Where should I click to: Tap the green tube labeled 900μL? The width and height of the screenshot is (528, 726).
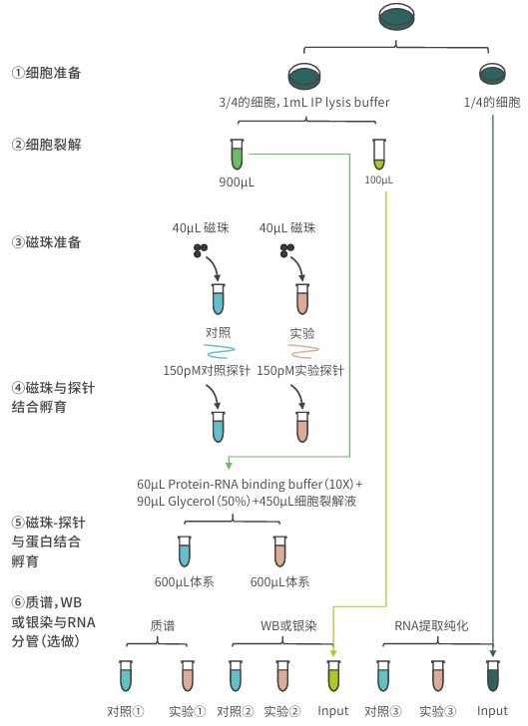[x=237, y=155]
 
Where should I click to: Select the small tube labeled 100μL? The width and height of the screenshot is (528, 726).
[x=378, y=154]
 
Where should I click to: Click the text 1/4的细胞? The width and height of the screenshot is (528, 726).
[x=492, y=103]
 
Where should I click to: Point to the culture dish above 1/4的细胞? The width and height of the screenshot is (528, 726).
[x=492, y=74]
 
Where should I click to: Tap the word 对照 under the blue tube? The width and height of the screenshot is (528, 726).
[x=219, y=331]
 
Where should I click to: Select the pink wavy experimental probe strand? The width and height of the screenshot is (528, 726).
[x=302, y=351]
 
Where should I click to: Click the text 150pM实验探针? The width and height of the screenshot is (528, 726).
[x=300, y=371]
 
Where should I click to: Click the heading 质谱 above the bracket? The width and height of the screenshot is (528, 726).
[x=162, y=626]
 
